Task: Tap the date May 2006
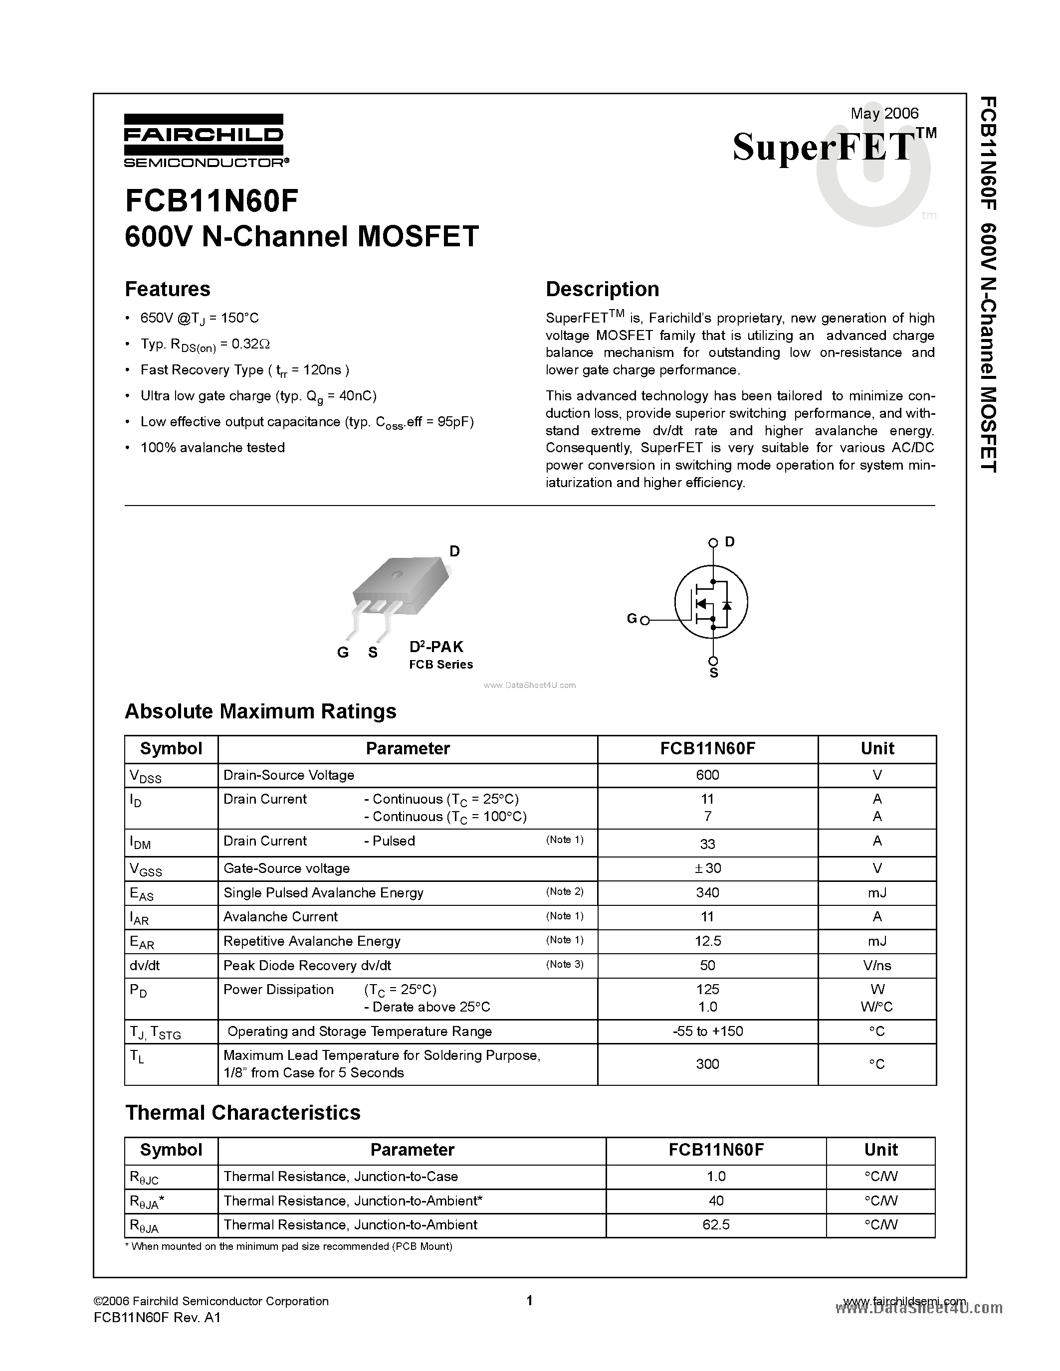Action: point(884,113)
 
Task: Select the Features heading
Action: point(168,289)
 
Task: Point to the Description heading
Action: point(602,289)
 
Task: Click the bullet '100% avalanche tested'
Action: point(212,448)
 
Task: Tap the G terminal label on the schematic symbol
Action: point(632,619)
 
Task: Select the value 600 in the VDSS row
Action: point(707,775)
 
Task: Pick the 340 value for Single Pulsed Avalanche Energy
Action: point(707,893)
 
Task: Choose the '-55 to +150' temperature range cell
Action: point(707,1031)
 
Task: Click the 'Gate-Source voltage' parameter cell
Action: point(286,868)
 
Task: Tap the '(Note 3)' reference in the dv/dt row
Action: point(565,964)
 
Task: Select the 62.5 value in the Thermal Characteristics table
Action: point(715,1225)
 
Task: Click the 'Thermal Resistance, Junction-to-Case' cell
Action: point(340,1177)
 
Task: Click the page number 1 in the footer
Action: point(529,1300)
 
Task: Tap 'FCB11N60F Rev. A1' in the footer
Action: point(157,1318)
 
